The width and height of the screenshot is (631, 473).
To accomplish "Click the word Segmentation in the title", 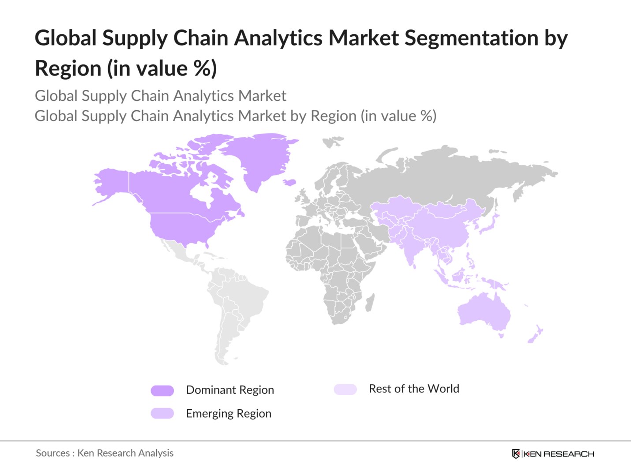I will pyautogui.click(x=471, y=38).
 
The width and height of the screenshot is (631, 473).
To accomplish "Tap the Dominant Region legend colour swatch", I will pyautogui.click(x=162, y=391).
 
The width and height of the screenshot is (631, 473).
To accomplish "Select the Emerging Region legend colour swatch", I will pyautogui.click(x=162, y=413).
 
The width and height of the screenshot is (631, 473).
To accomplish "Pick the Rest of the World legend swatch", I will pyautogui.click(x=345, y=389).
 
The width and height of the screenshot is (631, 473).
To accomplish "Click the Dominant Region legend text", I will pyautogui.click(x=230, y=390).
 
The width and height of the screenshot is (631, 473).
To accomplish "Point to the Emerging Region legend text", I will pyautogui.click(x=228, y=413).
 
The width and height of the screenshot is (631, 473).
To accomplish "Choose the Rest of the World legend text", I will pyautogui.click(x=414, y=389).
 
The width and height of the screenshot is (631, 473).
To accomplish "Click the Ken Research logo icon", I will pyautogui.click(x=515, y=454).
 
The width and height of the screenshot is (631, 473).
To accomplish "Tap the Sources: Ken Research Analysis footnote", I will pyautogui.click(x=105, y=453).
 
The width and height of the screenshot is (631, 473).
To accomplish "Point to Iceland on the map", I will pyautogui.click(x=289, y=182).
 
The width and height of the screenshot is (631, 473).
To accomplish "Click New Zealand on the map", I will pyautogui.click(x=535, y=335).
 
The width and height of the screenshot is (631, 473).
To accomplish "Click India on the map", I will pyautogui.click(x=408, y=245).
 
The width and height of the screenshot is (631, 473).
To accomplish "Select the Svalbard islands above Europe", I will pyautogui.click(x=333, y=142).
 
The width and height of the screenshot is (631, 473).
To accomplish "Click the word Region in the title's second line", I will pyautogui.click(x=68, y=69).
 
